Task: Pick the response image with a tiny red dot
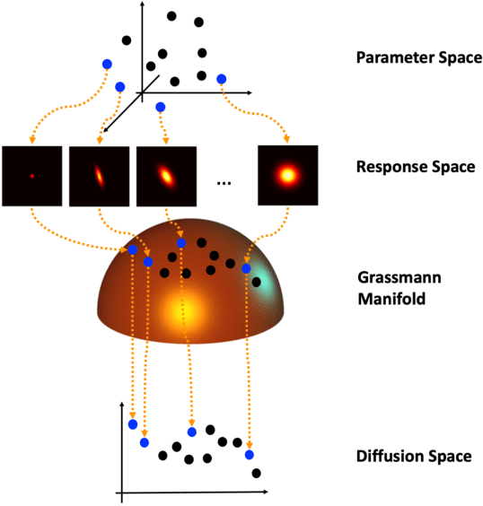(32, 176)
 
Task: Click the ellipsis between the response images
(224, 181)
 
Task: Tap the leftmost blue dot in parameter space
(107, 64)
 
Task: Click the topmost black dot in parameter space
(171, 15)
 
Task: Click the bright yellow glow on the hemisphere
(184, 310)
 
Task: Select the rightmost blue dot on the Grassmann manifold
(246, 268)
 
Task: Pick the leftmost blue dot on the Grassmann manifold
(132, 249)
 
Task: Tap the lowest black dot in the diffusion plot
(257, 473)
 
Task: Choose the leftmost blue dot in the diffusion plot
(132, 423)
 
